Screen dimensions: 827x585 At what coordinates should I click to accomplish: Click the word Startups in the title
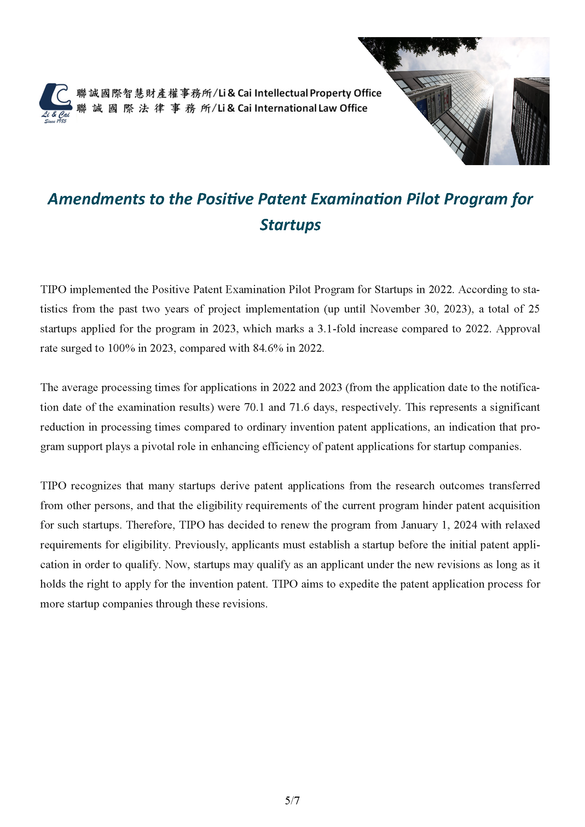[290, 225]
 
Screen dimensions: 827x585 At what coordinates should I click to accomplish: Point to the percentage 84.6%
[268, 348]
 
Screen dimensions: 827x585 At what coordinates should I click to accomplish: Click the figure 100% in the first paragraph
[121, 348]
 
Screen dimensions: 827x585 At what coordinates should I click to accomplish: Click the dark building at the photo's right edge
[531, 122]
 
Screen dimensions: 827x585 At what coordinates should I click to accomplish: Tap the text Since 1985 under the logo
[55, 121]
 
